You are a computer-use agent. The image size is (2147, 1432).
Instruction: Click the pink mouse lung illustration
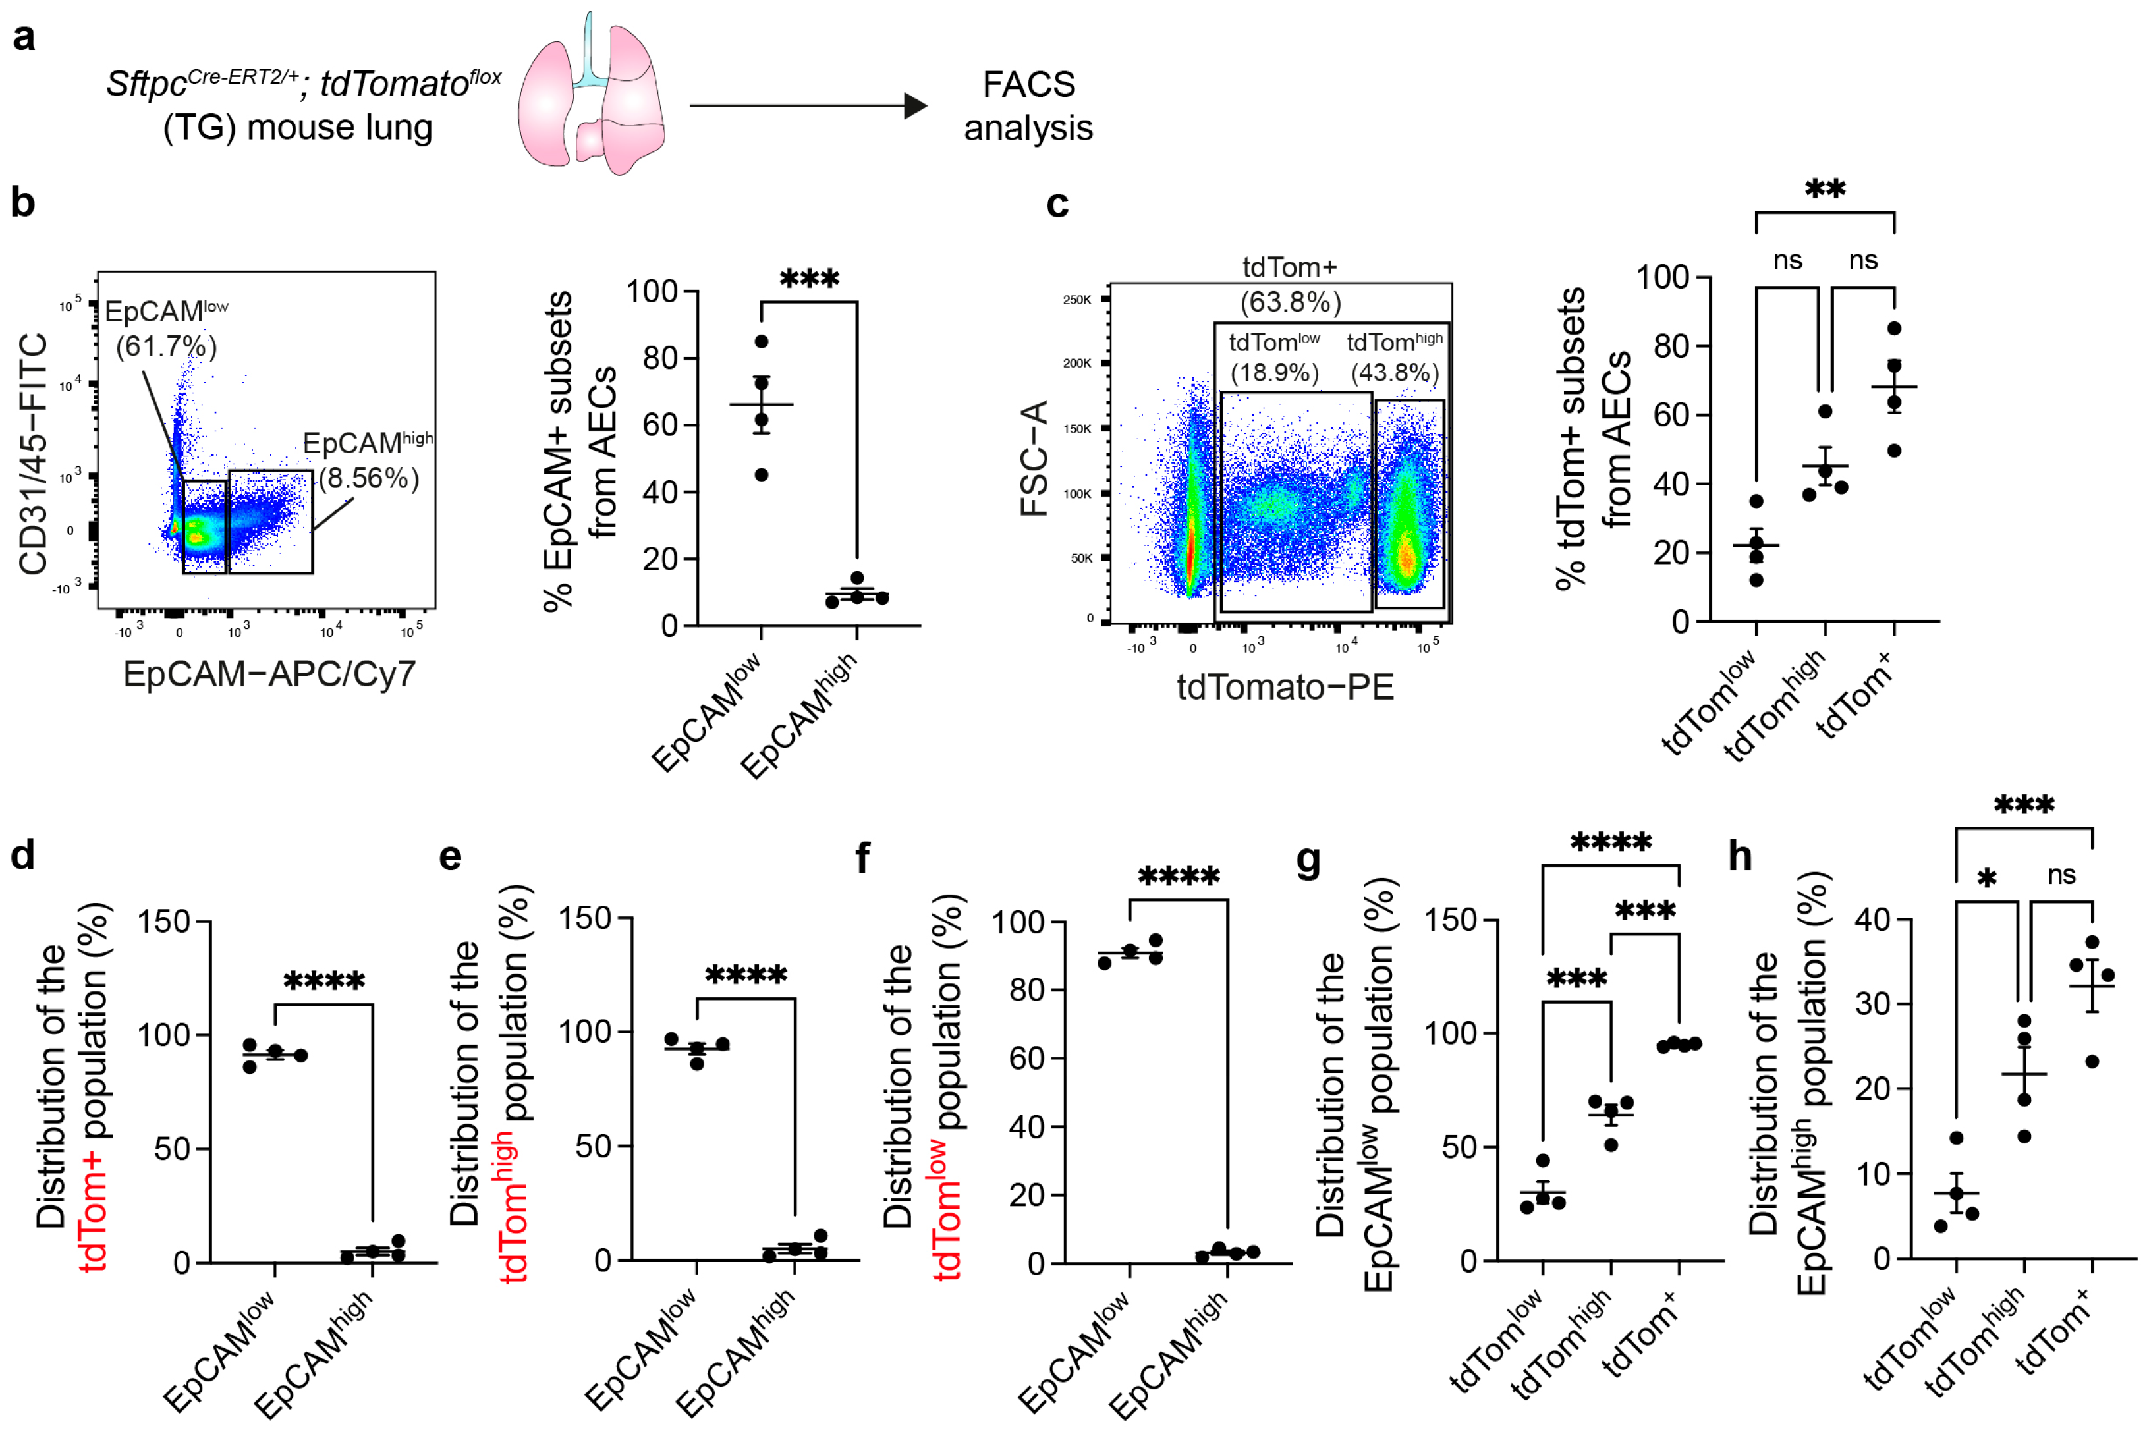point(591,96)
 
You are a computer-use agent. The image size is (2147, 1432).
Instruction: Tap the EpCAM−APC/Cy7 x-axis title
point(269,674)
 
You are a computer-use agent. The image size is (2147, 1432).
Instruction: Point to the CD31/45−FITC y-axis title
point(34,454)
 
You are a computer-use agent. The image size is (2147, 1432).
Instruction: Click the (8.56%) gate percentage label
point(369,478)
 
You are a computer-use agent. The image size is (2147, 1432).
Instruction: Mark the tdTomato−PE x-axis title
point(1285,687)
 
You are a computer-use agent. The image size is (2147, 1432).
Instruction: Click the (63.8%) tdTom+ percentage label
point(1289,302)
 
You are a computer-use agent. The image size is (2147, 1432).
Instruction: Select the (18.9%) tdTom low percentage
point(1274,373)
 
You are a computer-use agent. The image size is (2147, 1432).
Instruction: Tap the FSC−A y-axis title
point(1035,459)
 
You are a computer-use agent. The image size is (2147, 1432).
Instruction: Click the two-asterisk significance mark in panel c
point(1825,190)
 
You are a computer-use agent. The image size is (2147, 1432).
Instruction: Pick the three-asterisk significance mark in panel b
point(809,279)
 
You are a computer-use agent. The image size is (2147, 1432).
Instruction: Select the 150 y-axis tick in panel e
point(584,919)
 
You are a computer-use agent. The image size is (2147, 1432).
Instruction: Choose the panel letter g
point(1308,860)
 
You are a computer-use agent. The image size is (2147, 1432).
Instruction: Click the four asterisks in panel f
point(1178,877)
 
